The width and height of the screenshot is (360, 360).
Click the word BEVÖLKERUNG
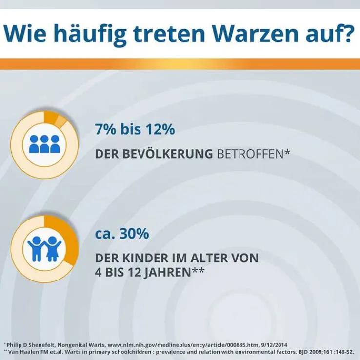154,154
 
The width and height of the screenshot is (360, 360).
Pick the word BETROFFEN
250,154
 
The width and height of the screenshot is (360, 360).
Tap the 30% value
134,234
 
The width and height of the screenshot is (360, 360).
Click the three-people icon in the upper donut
44,144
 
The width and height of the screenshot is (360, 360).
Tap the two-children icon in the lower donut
44,249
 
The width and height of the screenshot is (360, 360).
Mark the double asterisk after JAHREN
198,270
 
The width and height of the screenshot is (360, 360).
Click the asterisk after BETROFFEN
287,152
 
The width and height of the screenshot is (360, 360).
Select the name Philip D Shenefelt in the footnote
31,345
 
